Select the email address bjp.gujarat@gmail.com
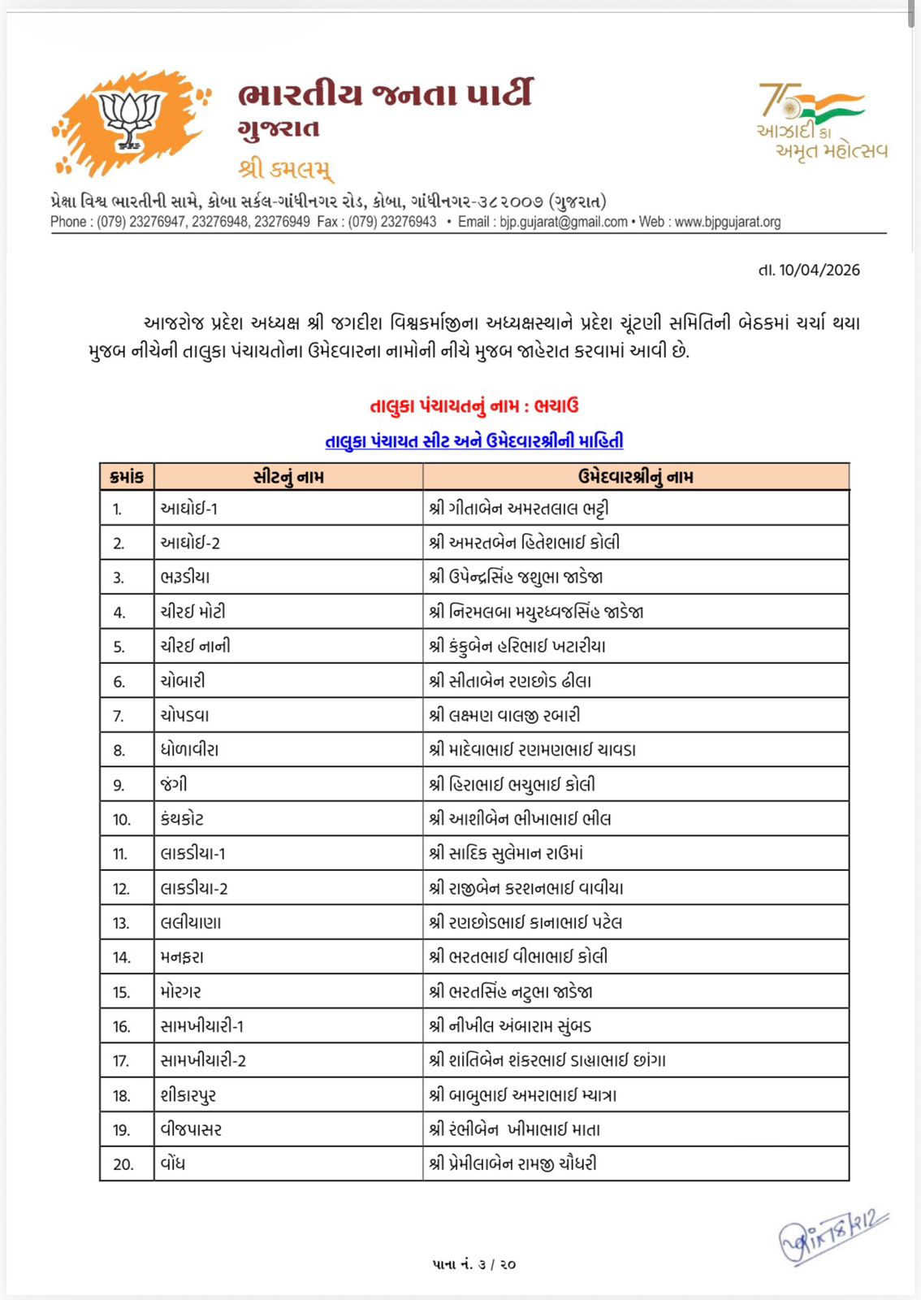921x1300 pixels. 564,222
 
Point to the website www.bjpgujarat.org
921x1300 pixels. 727,222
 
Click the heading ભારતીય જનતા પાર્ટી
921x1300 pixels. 385,93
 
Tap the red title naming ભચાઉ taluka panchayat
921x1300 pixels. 474,406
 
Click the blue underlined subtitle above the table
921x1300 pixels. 474,441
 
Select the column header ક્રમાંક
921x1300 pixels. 127,477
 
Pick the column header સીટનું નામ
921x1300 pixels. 288,477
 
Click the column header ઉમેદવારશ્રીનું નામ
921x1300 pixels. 635,477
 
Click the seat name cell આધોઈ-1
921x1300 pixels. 189,509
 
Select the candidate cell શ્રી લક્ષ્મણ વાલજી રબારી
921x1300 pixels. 504,716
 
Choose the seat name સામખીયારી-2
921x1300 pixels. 203,1060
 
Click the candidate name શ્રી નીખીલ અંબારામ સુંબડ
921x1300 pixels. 510,1026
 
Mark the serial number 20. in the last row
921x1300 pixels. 123,1164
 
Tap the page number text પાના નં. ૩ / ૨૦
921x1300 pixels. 474,1264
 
